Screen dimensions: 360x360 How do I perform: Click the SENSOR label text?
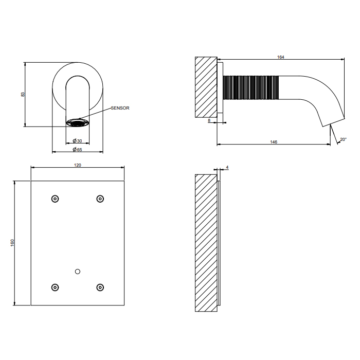pos(120,108)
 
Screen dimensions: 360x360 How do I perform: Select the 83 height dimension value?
pos(23,94)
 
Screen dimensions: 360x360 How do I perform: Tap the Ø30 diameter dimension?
pos(77,141)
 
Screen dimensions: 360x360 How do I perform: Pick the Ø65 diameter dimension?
pos(77,150)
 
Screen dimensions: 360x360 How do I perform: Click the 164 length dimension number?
pos(281,57)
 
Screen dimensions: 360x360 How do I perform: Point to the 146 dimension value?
pos(274,142)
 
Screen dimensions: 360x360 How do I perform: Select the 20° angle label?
pos(343,139)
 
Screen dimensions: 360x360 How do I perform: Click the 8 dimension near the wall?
pos(209,120)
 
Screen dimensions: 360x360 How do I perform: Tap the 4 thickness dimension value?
pos(227,167)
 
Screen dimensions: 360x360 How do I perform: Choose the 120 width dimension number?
pos(78,165)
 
